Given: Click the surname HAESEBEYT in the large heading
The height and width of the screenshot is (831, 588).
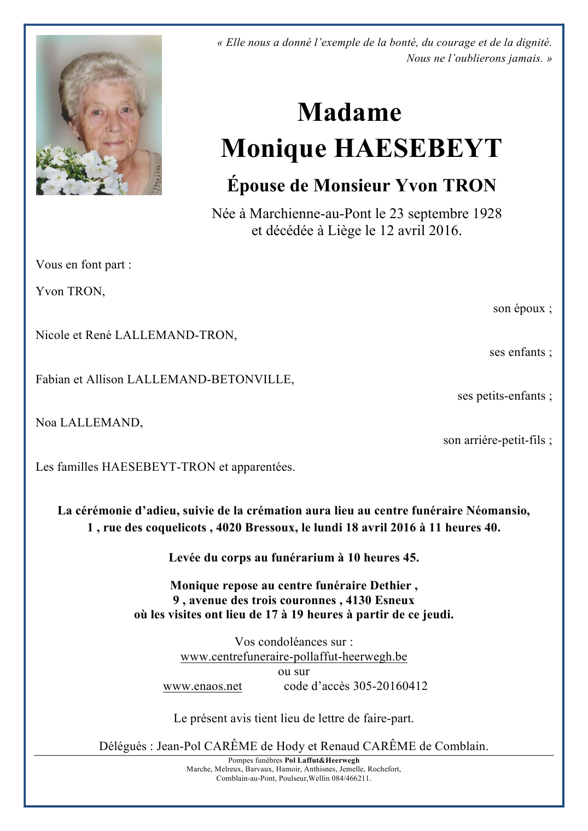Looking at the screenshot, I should [417, 149].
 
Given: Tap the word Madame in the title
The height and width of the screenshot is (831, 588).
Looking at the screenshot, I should [350, 113].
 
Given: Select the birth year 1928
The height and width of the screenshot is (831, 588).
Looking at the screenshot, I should [487, 214].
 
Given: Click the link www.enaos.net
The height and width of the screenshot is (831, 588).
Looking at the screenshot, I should [202, 687].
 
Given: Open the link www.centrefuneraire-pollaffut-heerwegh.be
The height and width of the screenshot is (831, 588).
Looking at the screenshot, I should [294, 657].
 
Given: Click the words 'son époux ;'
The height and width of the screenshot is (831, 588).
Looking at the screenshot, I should [522, 309].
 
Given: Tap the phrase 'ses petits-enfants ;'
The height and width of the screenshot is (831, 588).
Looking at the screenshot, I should [504, 396].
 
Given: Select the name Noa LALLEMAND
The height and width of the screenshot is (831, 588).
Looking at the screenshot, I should [89, 423].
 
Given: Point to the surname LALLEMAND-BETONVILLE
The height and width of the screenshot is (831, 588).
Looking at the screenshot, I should [210, 379].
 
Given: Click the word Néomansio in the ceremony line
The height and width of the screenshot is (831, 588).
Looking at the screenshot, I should [497, 511].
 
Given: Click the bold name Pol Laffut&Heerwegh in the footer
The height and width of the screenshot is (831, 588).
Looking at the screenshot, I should [322, 760].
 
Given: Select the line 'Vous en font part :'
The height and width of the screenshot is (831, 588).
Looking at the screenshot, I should [84, 265].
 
